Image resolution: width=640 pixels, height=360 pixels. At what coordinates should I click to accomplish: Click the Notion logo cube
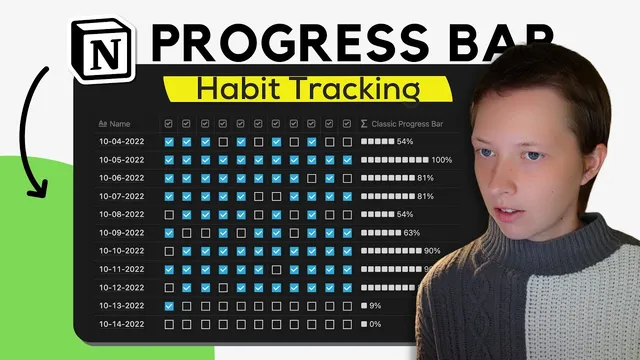coord(105,48)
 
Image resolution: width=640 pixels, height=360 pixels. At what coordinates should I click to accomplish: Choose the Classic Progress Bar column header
coord(407,124)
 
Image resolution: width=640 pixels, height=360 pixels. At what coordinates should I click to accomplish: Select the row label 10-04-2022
coord(121,142)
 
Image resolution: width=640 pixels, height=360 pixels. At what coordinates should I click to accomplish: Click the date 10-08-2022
coord(121,215)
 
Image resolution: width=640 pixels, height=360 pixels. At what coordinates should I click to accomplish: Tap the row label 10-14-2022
coord(121,324)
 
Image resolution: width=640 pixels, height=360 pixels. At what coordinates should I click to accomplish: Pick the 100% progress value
coord(441,160)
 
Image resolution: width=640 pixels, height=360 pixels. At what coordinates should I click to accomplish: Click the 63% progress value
coord(412,233)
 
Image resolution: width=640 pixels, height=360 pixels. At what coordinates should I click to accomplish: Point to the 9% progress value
coord(375,306)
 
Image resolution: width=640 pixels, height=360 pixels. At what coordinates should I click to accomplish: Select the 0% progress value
coord(375,324)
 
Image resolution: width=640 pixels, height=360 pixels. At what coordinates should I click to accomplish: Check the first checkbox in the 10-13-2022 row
coord(169,306)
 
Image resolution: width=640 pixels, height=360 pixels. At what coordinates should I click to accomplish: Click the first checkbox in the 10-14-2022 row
coord(169,324)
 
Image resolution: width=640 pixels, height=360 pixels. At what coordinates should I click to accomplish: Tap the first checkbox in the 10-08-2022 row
coord(169,215)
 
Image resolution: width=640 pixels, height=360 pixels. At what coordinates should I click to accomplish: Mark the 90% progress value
coord(432,251)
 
